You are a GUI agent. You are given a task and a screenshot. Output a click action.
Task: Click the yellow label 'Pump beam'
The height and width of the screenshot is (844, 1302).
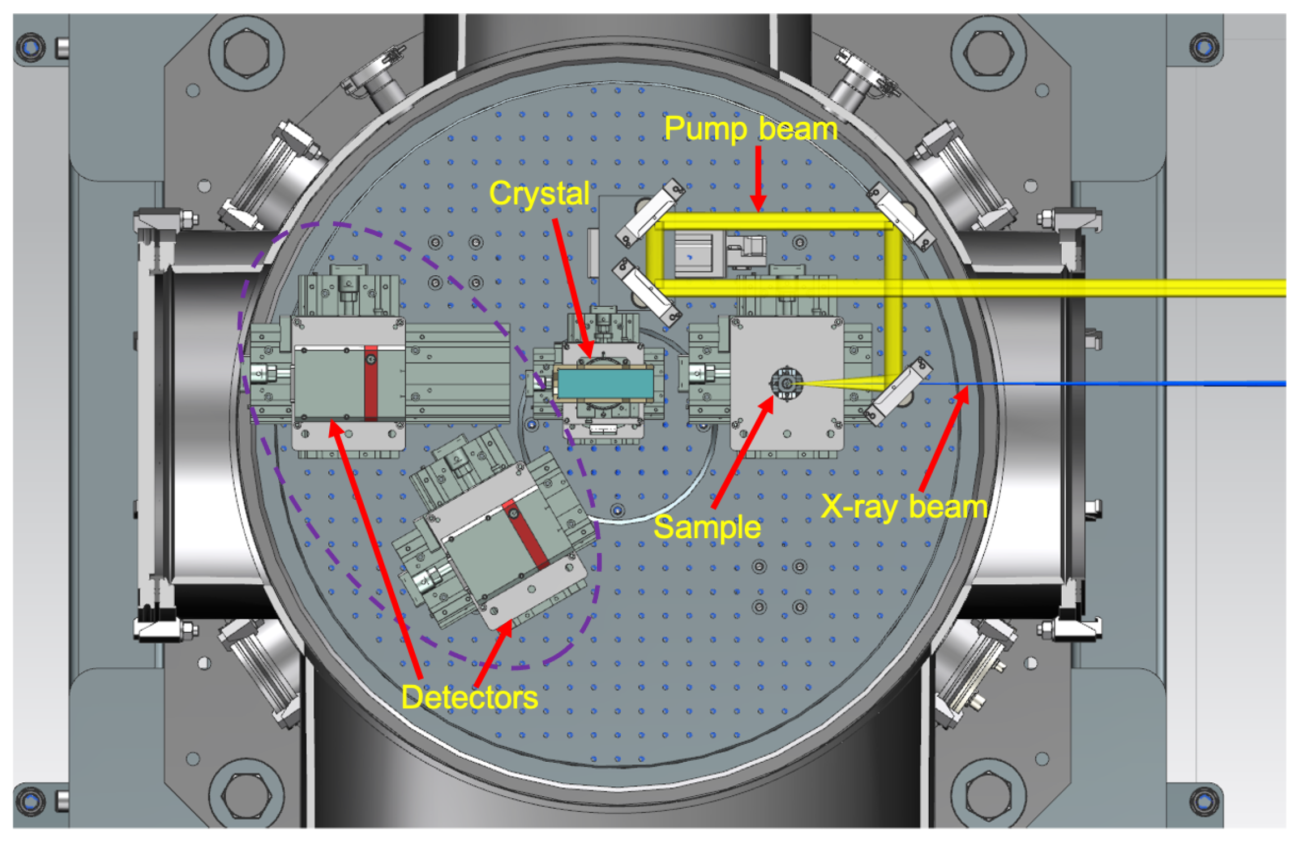[750, 129]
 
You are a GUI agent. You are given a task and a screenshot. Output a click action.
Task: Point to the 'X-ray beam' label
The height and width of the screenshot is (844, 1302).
[904, 507]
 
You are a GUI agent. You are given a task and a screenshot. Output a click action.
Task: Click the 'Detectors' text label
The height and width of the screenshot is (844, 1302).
[469, 697]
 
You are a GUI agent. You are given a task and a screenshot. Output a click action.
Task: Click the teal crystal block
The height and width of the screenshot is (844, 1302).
[605, 384]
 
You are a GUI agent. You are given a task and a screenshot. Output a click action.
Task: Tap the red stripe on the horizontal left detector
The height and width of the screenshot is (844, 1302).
[370, 384]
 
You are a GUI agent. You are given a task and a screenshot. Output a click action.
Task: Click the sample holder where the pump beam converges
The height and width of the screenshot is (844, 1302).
[785, 383]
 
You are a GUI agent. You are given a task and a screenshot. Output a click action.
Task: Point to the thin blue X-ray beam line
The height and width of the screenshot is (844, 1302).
[1112, 384]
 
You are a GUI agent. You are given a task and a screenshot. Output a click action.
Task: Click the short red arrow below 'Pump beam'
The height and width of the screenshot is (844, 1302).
[758, 178]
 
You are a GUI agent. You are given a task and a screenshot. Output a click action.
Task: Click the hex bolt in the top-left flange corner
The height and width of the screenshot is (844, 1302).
[246, 53]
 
